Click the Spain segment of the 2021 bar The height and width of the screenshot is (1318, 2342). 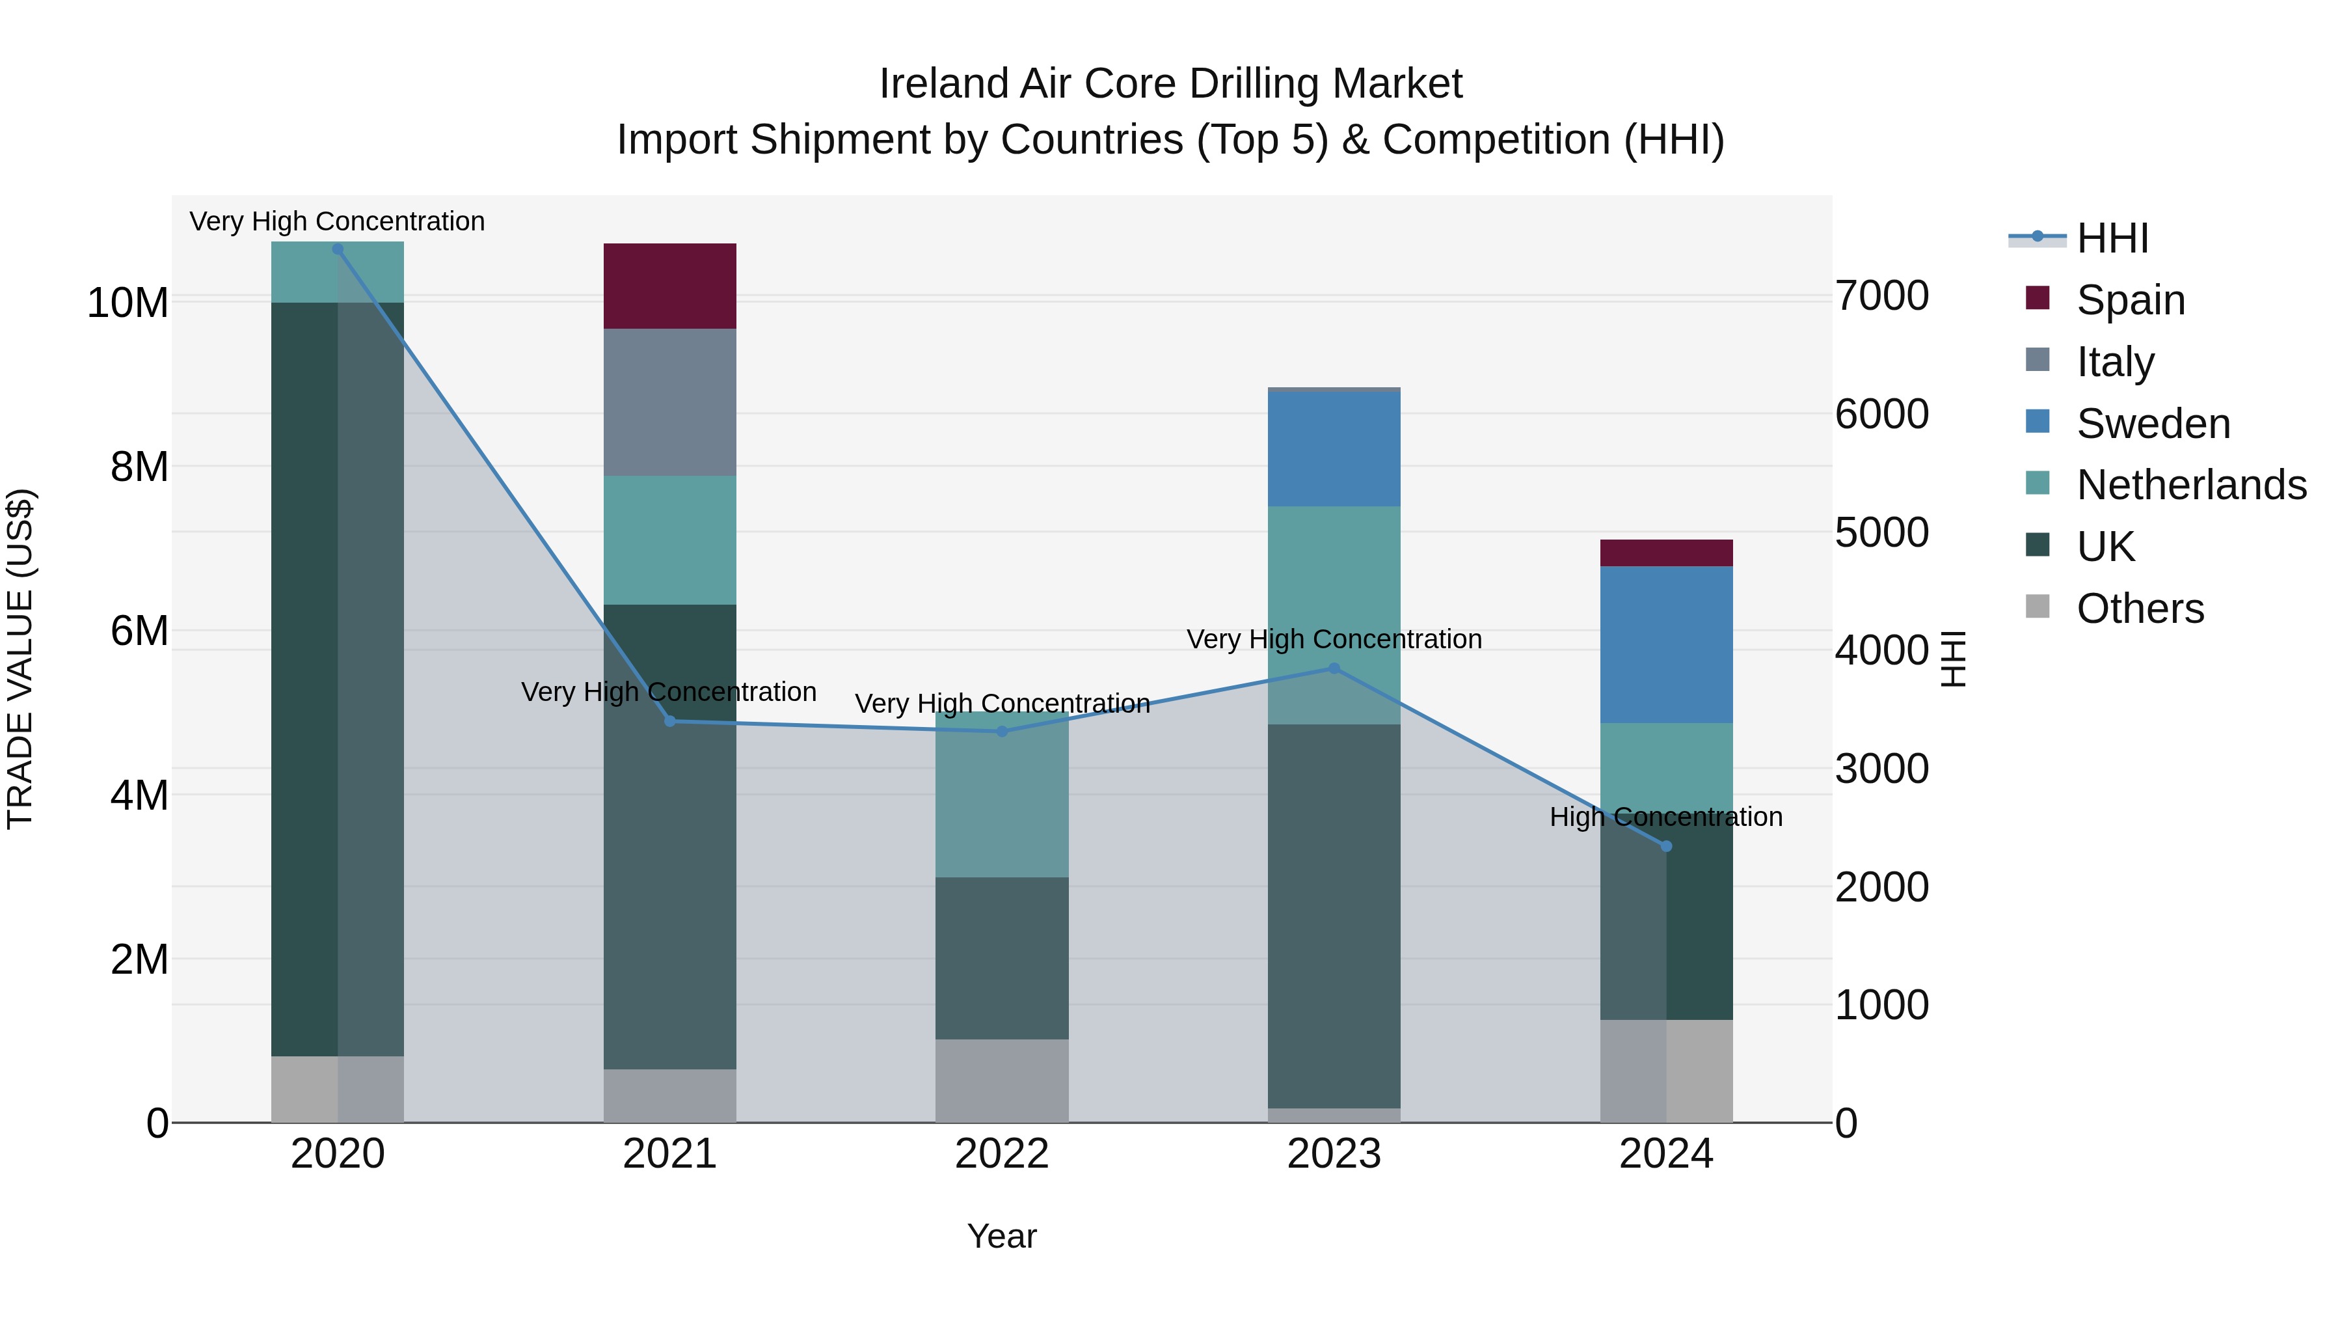tap(669, 286)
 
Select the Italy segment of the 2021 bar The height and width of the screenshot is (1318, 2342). tap(669, 402)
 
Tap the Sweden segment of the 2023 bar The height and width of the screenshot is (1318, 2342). tap(1334, 448)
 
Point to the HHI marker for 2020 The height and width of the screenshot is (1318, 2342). tap(337, 249)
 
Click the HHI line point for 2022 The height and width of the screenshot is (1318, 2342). tap(1002, 732)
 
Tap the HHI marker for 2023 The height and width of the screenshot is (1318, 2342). tap(1334, 668)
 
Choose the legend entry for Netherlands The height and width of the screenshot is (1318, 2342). tap(2191, 485)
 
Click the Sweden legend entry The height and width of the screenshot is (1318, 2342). tap(2153, 424)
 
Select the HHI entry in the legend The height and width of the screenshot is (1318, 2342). tap(2112, 238)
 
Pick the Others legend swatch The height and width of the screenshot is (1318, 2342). tap(2038, 607)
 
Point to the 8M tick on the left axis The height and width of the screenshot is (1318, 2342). tap(138, 467)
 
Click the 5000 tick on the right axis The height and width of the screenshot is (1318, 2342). tap(1881, 532)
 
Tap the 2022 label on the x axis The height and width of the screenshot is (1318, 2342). tap(1002, 1154)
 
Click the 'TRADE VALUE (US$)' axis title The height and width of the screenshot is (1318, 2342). tap(20, 659)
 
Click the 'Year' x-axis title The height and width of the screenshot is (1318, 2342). tap(1002, 1236)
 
